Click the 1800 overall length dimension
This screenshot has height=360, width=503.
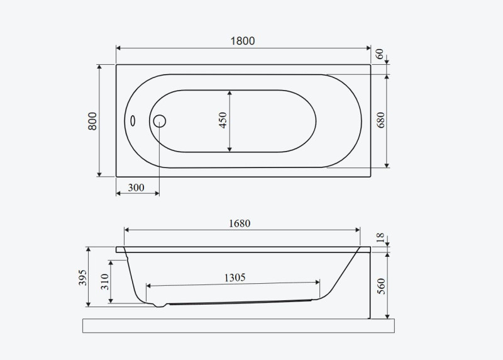click(x=243, y=41)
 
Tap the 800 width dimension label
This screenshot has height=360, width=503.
click(x=92, y=121)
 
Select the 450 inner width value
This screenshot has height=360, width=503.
click(x=223, y=120)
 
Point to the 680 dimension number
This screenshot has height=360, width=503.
click(x=380, y=120)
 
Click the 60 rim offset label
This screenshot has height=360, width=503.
click(x=379, y=53)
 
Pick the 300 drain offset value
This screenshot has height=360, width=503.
click(x=136, y=188)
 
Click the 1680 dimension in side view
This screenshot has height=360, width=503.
click(x=240, y=223)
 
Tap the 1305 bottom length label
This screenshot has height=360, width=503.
click(x=235, y=278)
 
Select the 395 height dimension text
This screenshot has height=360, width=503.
click(x=82, y=278)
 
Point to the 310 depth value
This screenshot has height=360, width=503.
click(x=105, y=281)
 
